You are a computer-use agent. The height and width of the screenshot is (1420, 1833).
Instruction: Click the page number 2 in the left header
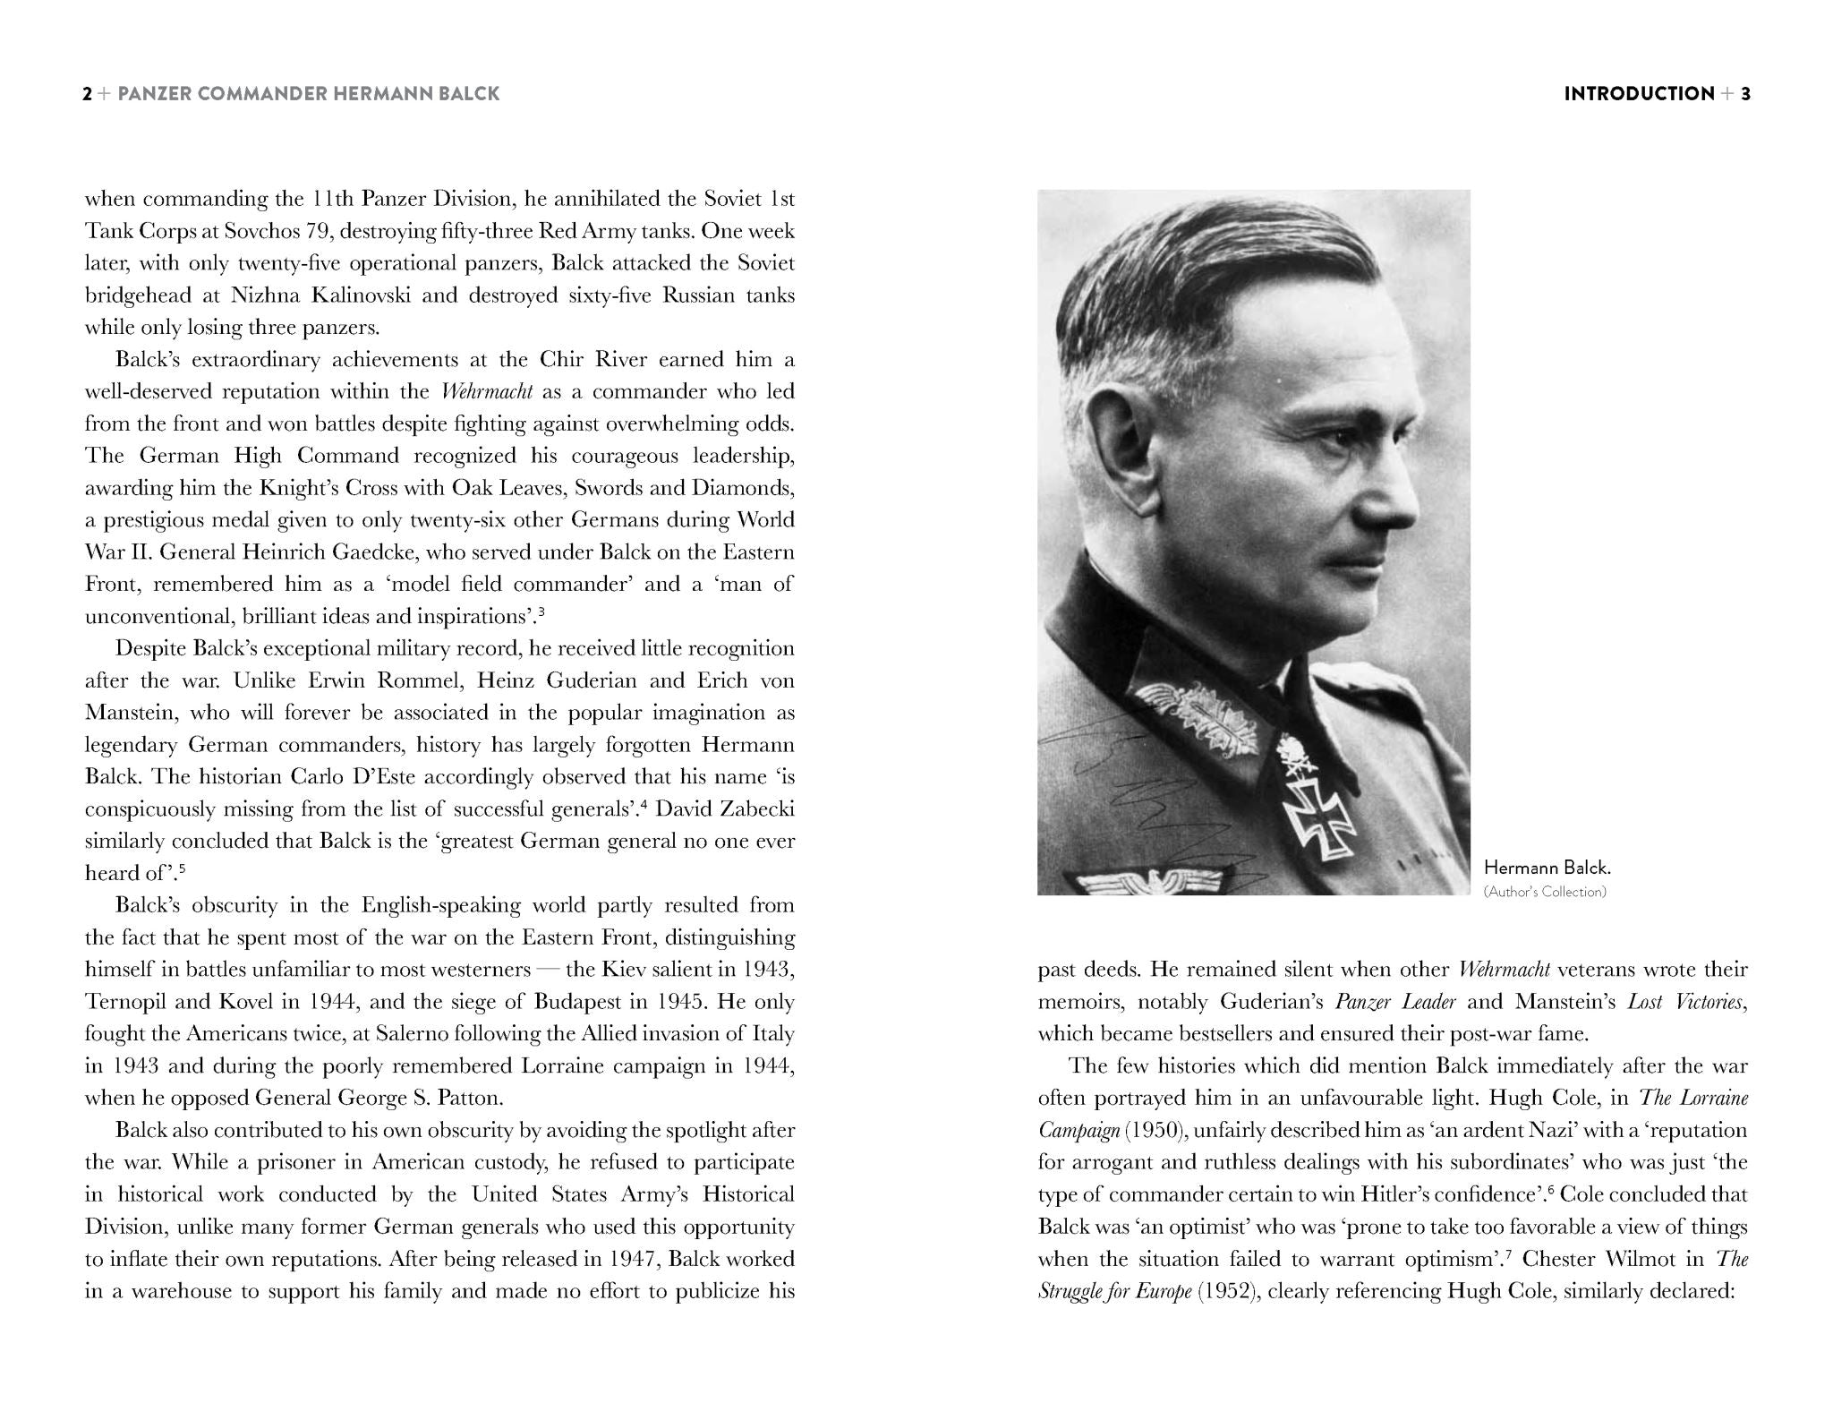point(87,94)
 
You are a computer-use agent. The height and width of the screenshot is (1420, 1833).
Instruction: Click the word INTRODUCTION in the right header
point(1639,94)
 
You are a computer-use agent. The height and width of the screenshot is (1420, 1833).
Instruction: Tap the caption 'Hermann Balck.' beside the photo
point(1547,867)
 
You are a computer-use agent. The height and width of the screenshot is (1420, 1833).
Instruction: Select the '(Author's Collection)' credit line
point(1545,892)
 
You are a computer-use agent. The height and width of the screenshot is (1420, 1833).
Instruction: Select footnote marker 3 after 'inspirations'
point(541,612)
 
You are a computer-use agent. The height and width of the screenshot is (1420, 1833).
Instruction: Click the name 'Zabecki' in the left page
point(755,809)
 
